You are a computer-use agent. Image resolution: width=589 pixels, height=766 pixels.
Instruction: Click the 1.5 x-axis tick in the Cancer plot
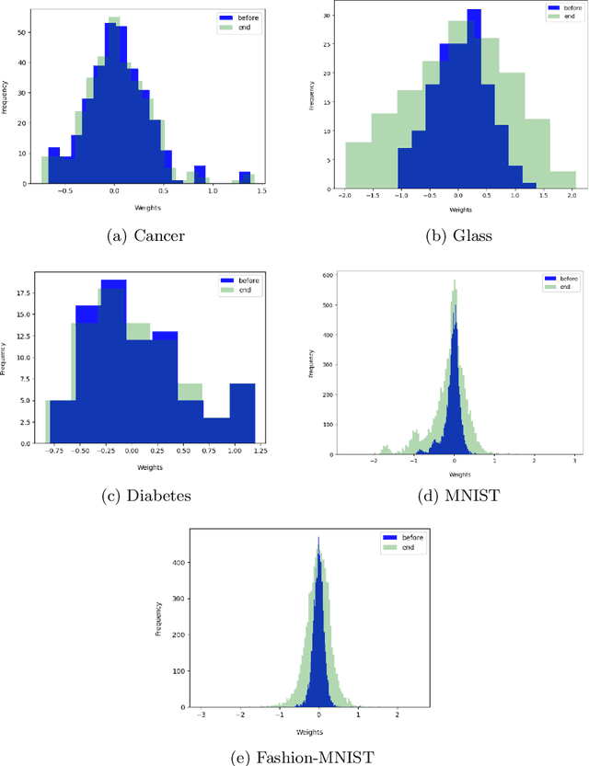tap(260, 191)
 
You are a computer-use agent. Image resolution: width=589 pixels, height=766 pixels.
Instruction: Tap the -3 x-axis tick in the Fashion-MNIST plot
tap(202, 714)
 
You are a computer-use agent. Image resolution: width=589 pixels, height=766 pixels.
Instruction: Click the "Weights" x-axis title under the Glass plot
tap(456, 209)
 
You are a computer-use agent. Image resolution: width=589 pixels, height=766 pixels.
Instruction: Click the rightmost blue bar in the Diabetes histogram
tap(242, 414)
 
